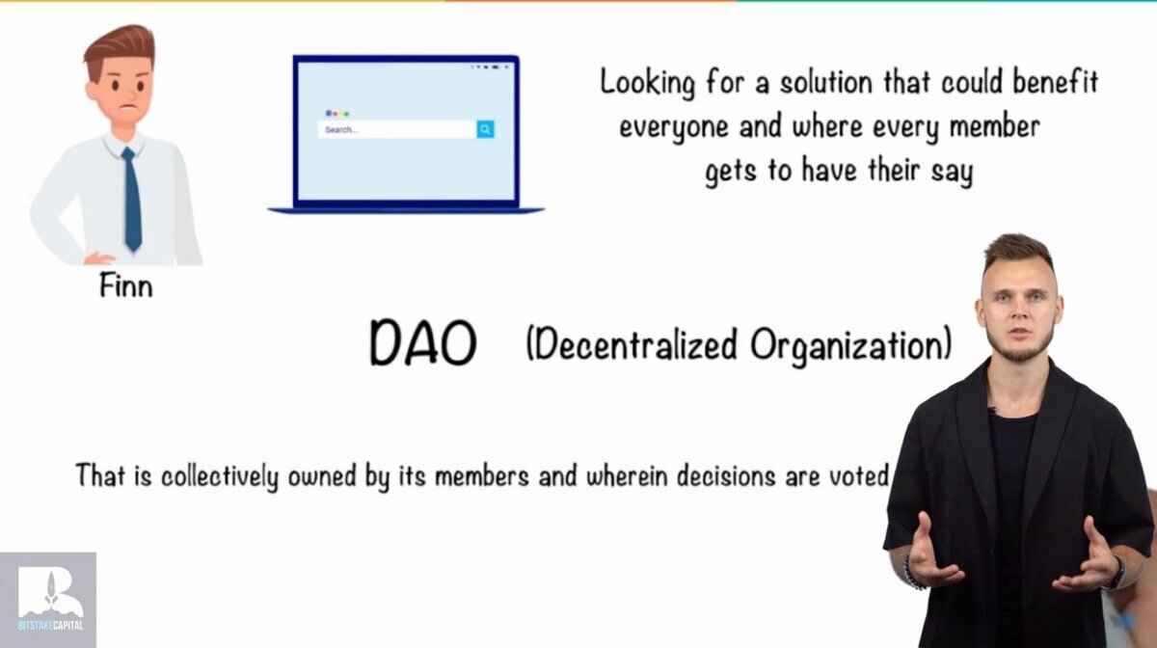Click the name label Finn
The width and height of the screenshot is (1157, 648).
126,285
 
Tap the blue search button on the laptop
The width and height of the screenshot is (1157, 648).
485,129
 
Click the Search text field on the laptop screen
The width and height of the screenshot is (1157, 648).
396,129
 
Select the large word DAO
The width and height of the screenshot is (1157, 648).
423,343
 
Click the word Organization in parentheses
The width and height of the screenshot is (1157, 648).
851,345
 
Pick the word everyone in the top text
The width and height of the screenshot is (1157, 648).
674,127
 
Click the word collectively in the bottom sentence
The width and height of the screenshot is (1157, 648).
220,476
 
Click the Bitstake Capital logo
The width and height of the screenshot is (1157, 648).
48,600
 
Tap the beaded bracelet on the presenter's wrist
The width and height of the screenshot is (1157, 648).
912,573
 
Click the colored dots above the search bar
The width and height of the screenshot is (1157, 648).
337,113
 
